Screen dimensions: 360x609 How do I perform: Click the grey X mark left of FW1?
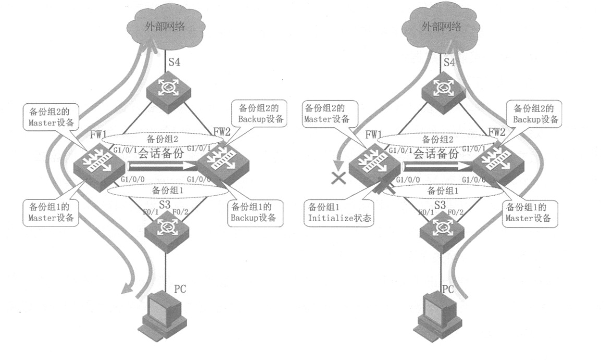coord(339,178)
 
